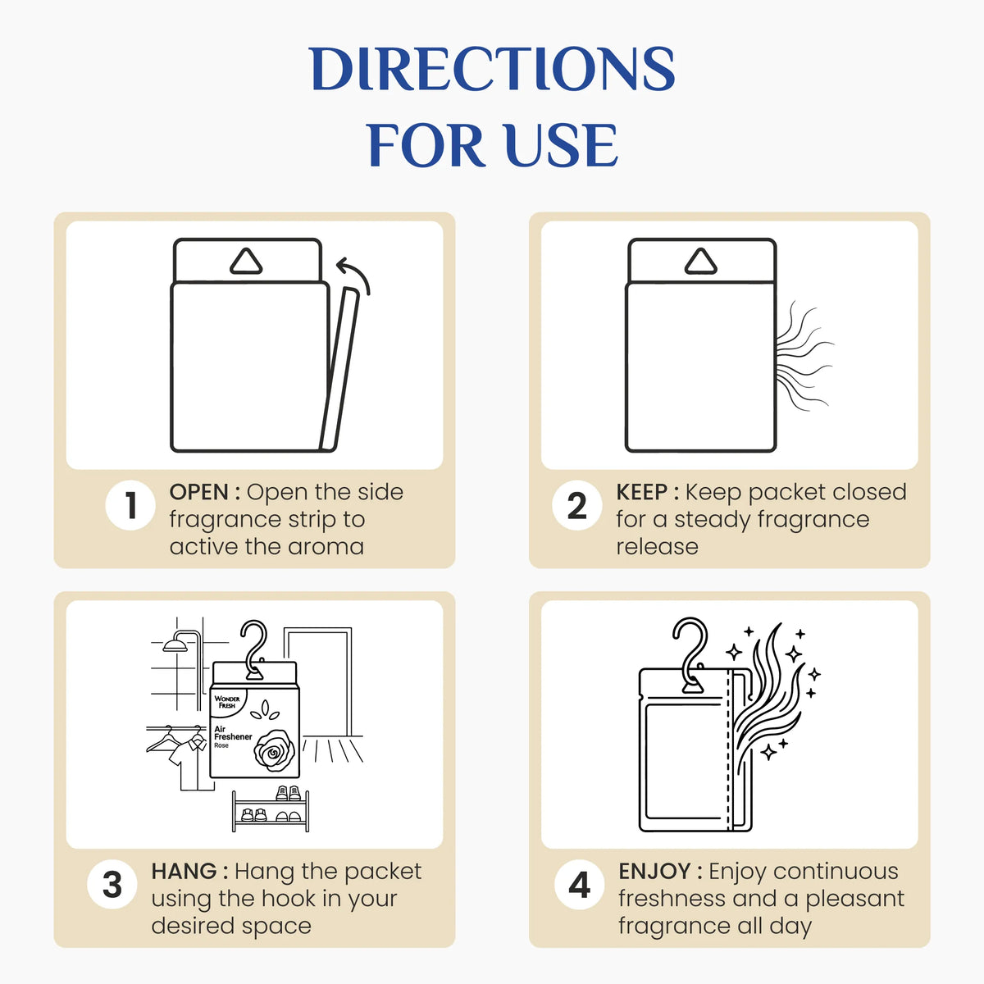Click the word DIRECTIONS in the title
(492, 69)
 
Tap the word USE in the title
(559, 145)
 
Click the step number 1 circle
(130, 506)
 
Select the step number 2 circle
(577, 506)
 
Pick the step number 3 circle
(112, 885)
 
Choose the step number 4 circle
(580, 885)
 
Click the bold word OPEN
(198, 492)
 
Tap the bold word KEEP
(641, 492)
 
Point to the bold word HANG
(184, 871)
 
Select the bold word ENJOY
(654, 872)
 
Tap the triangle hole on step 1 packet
(246, 262)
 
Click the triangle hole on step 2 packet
(700, 262)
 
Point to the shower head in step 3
(175, 645)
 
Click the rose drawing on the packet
(274, 750)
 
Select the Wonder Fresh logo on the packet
(227, 702)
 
